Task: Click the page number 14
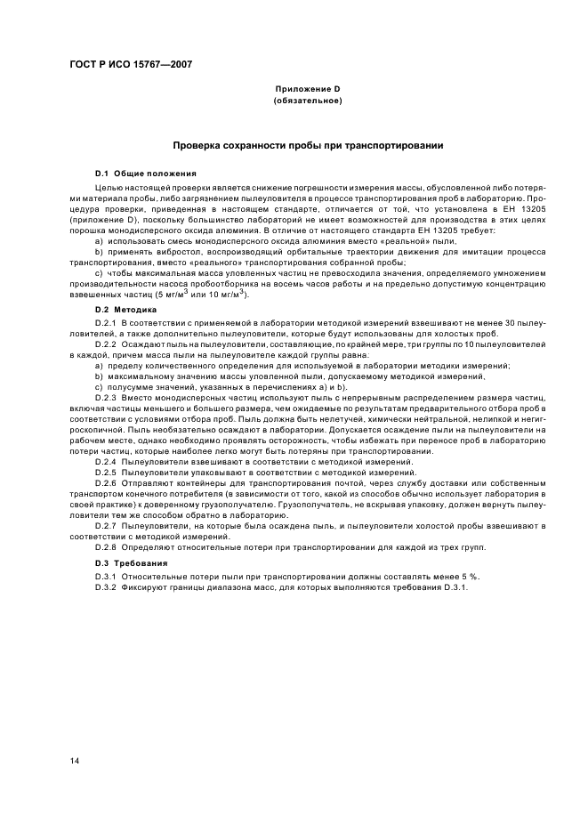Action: click(x=76, y=760)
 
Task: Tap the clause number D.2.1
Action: click(x=107, y=321)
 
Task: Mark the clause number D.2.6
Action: click(x=107, y=484)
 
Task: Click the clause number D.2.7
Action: click(x=107, y=526)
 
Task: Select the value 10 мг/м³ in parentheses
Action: click(x=225, y=294)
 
